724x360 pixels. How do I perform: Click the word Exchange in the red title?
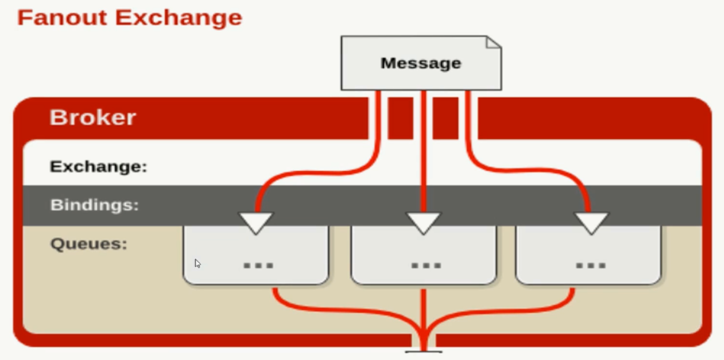click(178, 17)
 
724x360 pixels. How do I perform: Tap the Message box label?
click(421, 63)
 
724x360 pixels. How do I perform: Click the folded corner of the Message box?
click(493, 43)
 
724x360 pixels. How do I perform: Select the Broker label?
click(92, 117)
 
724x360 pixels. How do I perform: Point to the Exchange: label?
click(98, 166)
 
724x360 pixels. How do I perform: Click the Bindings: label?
click(95, 205)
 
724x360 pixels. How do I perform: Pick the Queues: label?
click(89, 244)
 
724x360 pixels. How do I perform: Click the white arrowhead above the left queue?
click(256, 222)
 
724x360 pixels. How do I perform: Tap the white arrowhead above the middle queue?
click(424, 222)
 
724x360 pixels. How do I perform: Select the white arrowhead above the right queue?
click(591, 222)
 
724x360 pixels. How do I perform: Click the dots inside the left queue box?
click(259, 265)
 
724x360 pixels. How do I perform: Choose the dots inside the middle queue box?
click(426, 265)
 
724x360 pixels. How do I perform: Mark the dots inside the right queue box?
click(591, 265)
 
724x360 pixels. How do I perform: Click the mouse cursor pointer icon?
click(197, 263)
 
